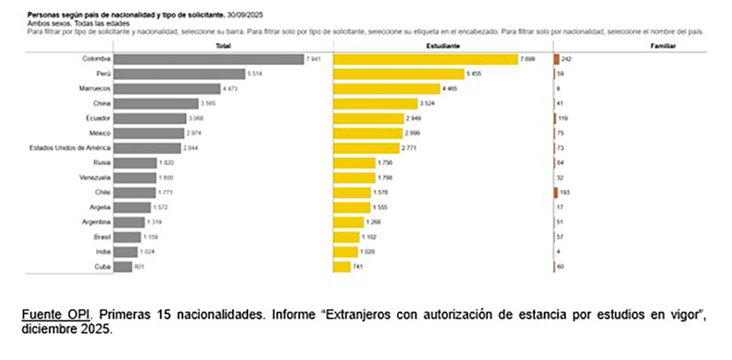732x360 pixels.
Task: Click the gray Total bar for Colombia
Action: point(208,59)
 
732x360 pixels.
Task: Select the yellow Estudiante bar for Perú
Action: point(398,74)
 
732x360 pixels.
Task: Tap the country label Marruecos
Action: point(95,89)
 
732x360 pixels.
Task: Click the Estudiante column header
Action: point(443,46)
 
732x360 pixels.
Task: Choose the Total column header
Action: point(223,46)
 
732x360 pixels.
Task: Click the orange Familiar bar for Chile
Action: point(556,193)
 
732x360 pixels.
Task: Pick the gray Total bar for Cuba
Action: point(123,267)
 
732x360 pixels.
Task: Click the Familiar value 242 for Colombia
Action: point(565,59)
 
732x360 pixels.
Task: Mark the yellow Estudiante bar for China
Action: point(375,104)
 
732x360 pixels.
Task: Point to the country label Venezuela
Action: point(95,178)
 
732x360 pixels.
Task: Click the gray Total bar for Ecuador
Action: point(149,118)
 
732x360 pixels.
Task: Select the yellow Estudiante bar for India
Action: point(345,252)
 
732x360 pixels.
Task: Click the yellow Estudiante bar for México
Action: point(368,133)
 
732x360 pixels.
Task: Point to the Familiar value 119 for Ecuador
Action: point(563,118)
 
